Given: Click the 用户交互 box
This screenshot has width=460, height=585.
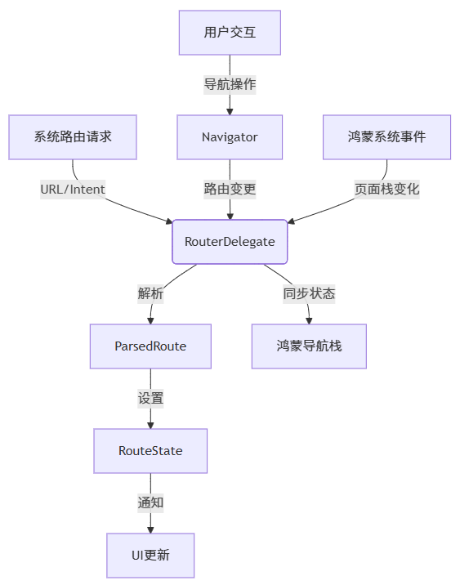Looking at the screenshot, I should click(x=230, y=33).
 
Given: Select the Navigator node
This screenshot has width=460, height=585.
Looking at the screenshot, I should click(x=230, y=137).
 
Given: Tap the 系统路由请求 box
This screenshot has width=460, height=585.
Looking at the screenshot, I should click(x=73, y=137).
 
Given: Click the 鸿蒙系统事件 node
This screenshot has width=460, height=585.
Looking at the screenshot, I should click(x=386, y=137).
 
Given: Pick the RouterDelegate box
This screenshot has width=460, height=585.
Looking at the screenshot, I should click(x=230, y=242).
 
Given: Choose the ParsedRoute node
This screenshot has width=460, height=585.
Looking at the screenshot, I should click(x=150, y=346).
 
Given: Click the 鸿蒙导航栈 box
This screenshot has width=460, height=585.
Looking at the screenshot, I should click(x=309, y=346).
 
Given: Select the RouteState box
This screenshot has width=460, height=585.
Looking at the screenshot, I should click(x=150, y=451).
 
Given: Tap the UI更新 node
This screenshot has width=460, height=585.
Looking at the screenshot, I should click(x=150, y=556).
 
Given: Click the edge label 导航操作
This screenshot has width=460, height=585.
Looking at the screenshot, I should click(x=230, y=84).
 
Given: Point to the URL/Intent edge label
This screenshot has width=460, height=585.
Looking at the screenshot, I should click(x=73, y=190).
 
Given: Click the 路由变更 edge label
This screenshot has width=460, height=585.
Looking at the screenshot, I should click(x=230, y=190).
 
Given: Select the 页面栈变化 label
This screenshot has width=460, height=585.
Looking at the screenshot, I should click(x=386, y=190).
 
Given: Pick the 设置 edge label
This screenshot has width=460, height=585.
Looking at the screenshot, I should click(x=150, y=399).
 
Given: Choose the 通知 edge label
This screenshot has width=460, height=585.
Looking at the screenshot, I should click(x=150, y=503).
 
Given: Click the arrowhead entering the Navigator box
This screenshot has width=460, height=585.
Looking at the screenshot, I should click(x=230, y=110).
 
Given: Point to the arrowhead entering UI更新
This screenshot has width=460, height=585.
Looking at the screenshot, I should click(x=150, y=529).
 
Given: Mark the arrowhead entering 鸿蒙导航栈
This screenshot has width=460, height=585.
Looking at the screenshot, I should click(x=309, y=319).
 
